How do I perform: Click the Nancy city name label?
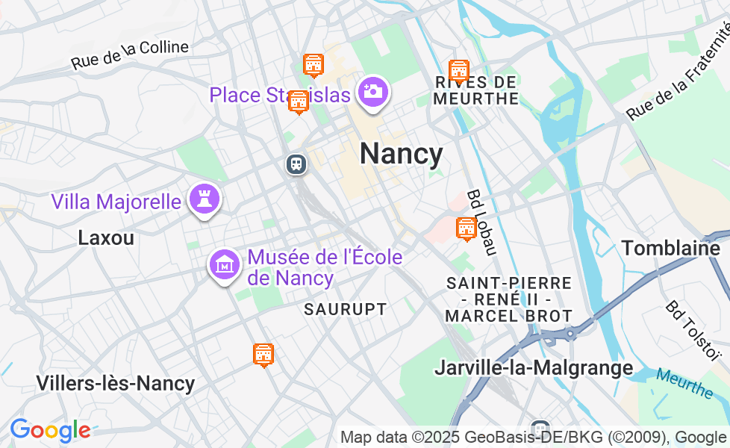[x=401, y=154]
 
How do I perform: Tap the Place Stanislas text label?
[x=280, y=96]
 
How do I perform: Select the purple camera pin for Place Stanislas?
[x=372, y=93]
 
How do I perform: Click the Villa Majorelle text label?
[x=116, y=202]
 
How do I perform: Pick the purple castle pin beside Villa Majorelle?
[x=202, y=199]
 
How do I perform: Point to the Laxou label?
[x=106, y=238]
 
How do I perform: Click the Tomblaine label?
[x=670, y=248]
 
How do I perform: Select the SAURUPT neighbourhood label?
[x=346, y=309]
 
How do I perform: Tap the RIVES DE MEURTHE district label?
[x=475, y=90]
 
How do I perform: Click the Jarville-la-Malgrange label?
[x=534, y=367]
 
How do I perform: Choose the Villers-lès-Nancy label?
[x=116, y=384]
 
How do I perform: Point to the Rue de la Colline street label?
[x=130, y=55]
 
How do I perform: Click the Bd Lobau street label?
[x=481, y=222]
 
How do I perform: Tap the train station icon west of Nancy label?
[x=296, y=164]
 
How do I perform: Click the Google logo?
[x=50, y=430]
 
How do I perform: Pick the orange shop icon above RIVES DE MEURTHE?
[x=458, y=71]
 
